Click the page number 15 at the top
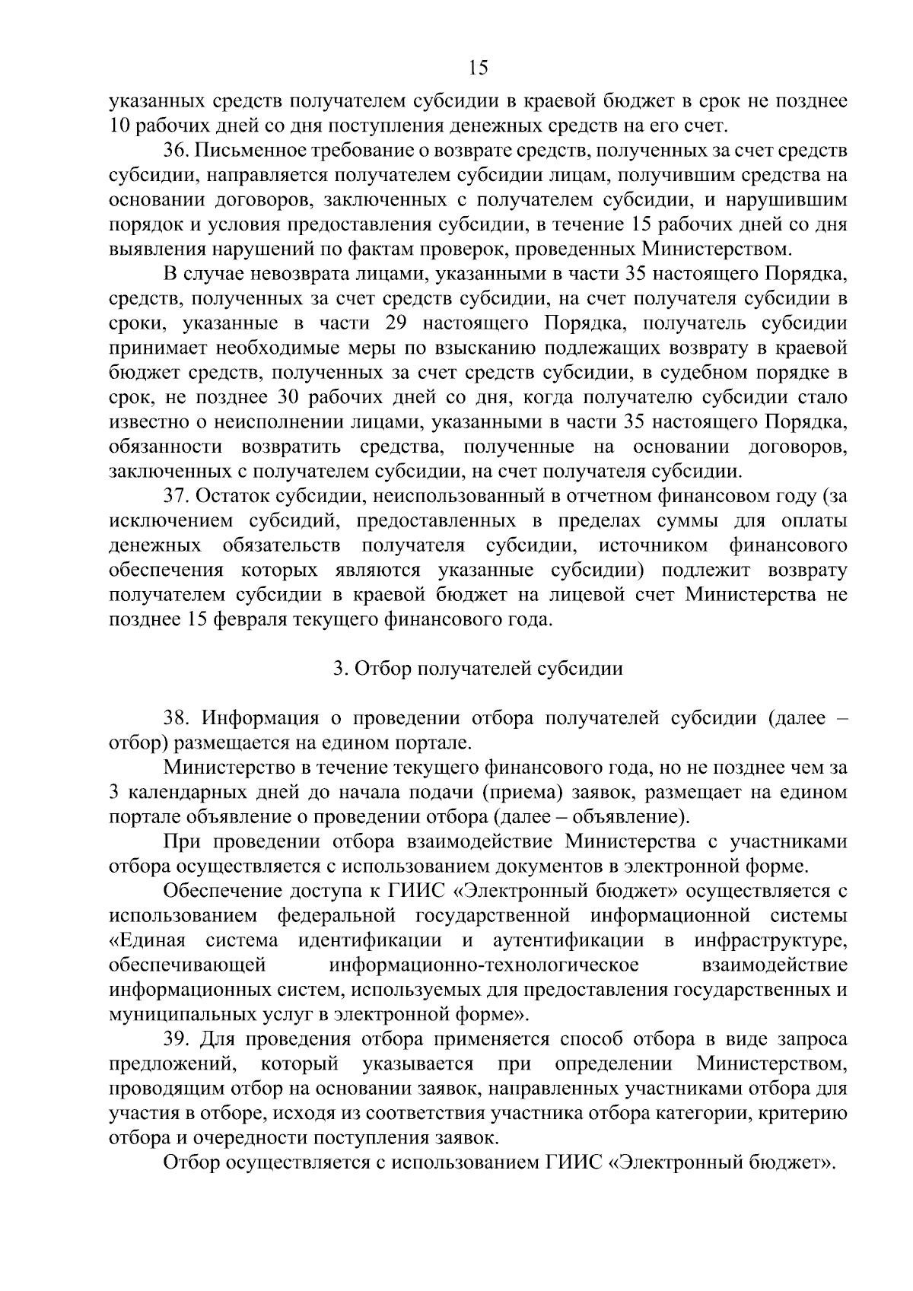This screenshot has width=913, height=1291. pyautogui.click(x=478, y=68)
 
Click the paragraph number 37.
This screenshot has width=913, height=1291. pyautogui.click(x=176, y=497)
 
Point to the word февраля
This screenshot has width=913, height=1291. pyautogui.click(x=248, y=620)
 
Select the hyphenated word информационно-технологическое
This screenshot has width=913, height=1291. pyautogui.click(x=484, y=965)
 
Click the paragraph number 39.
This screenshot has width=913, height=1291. pyautogui.click(x=176, y=1039)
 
